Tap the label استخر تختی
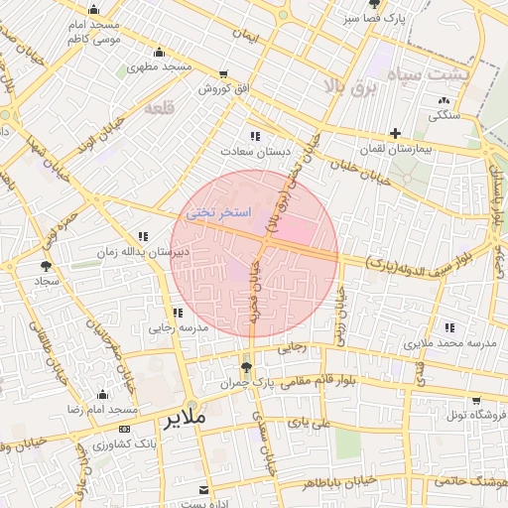(x=218, y=213)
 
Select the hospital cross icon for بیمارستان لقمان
(x=395, y=133)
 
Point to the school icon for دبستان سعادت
(x=255, y=136)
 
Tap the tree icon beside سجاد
(x=46, y=266)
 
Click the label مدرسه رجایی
(x=178, y=327)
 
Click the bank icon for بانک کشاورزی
(x=124, y=429)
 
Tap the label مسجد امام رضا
(x=101, y=409)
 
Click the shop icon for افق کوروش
(x=222, y=74)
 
